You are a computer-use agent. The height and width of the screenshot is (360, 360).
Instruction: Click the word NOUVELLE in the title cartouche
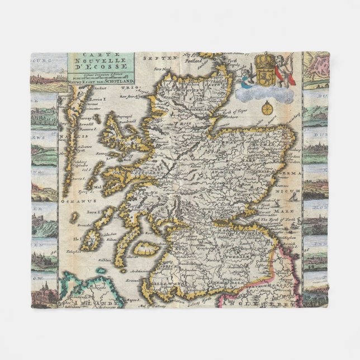click(x=101, y=63)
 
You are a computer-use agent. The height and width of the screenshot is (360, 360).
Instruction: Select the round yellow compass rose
click(x=268, y=108)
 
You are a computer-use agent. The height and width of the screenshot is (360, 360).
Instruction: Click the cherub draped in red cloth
click(x=287, y=69)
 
